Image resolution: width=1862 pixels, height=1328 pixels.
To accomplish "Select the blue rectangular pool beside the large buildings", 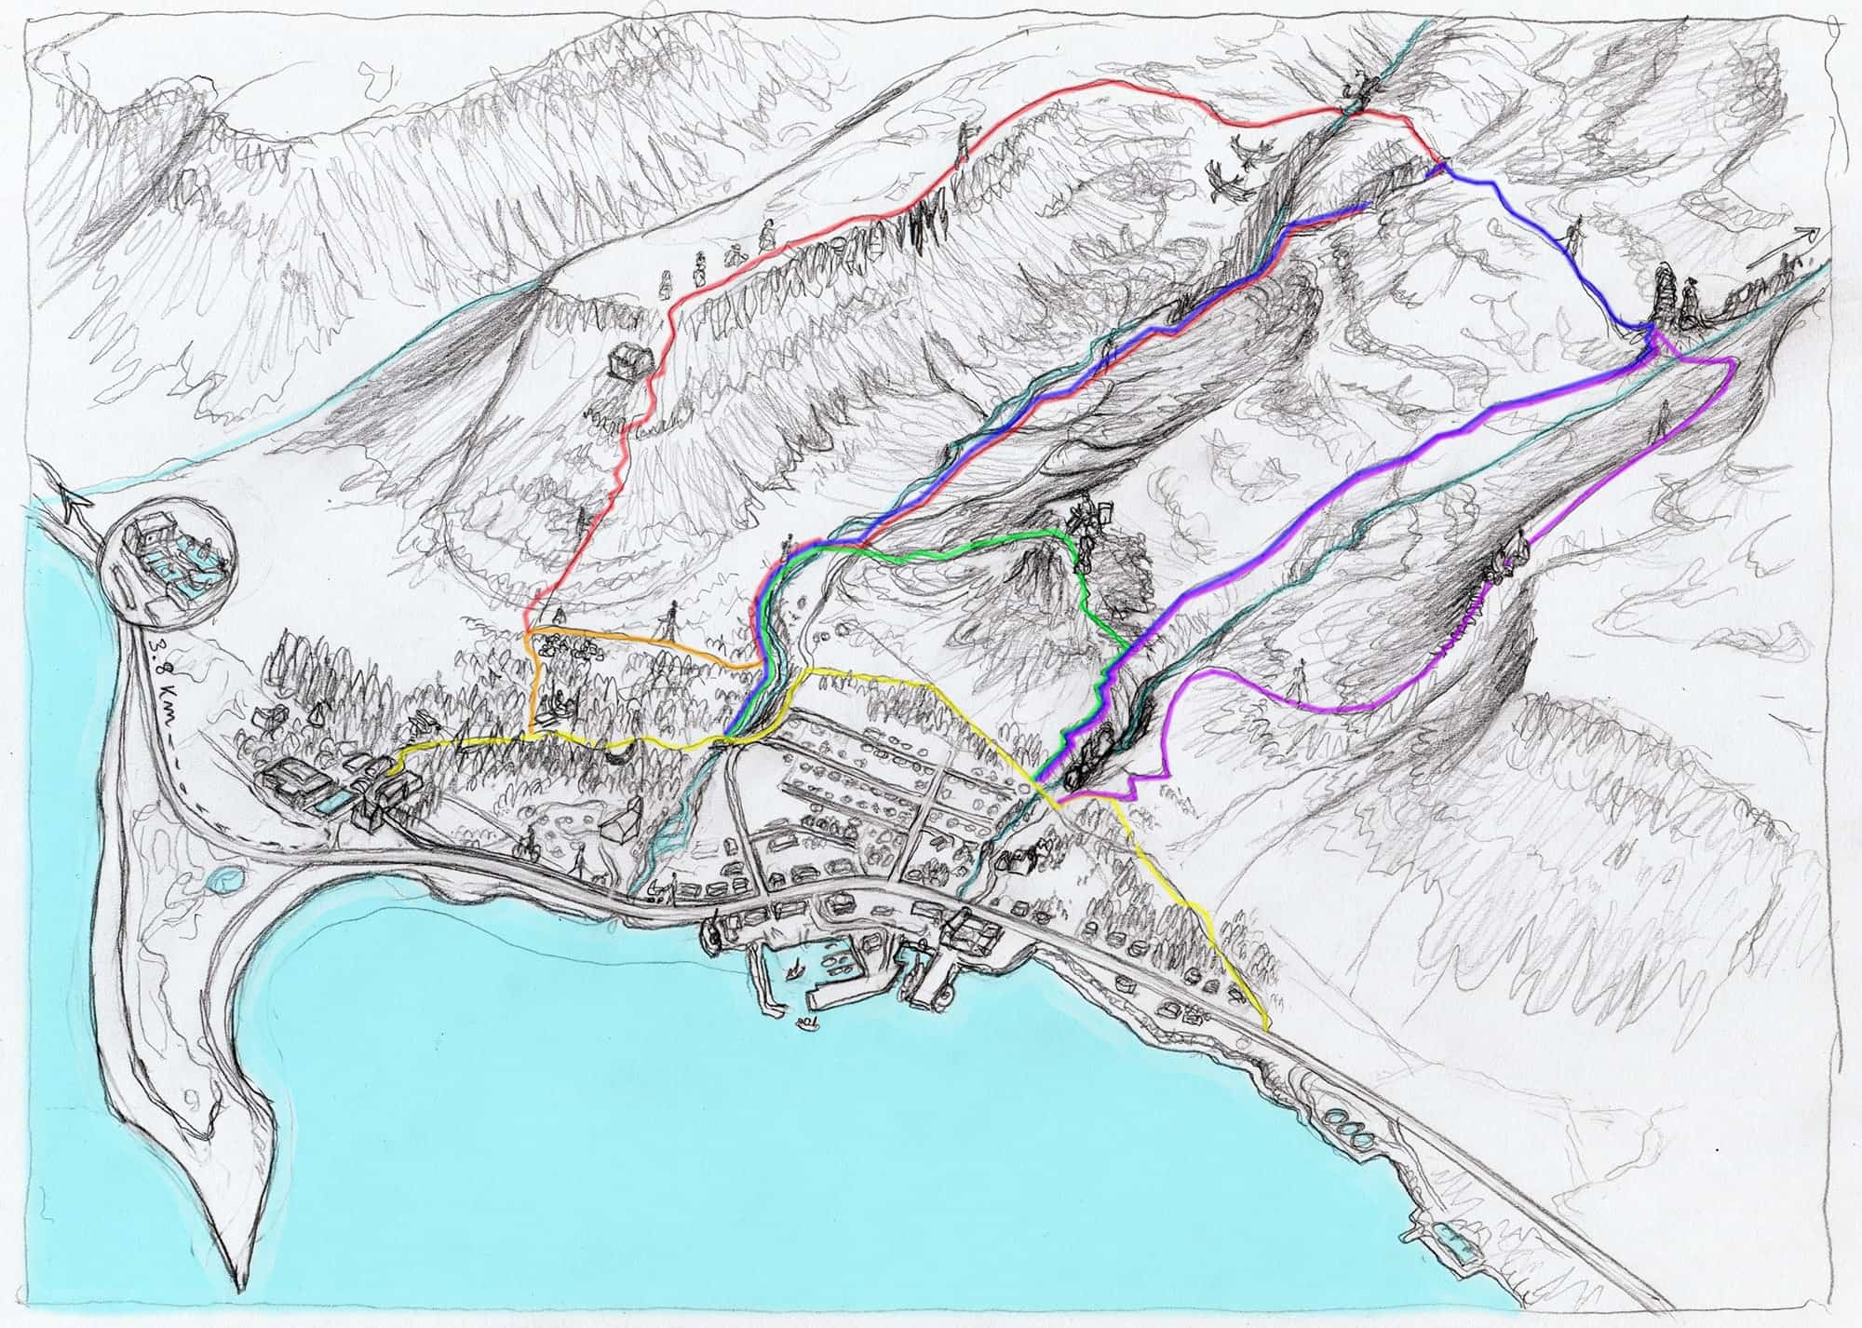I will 328,804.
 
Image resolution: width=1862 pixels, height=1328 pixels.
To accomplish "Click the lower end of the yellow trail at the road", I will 1268,1028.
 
